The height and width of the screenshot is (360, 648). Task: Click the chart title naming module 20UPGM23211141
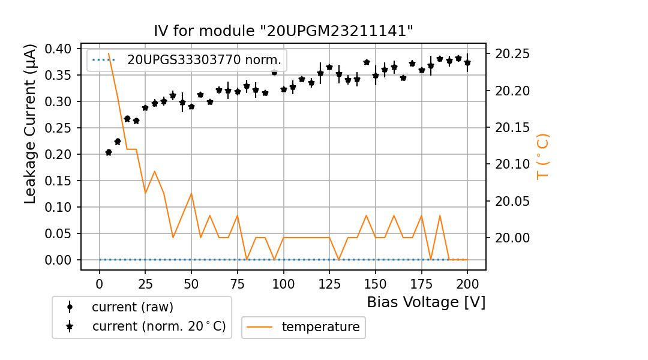[x=284, y=31]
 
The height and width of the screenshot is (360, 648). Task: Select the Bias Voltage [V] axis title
[x=426, y=302]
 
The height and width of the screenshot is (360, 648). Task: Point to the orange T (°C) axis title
[x=542, y=157]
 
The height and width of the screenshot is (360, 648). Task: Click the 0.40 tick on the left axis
[x=59, y=49]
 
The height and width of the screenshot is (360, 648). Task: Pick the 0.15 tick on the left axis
[x=59, y=181]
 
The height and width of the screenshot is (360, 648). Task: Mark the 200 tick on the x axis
[x=467, y=283]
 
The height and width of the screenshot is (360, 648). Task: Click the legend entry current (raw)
[x=132, y=307]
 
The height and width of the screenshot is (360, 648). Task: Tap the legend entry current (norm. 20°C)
[x=158, y=327]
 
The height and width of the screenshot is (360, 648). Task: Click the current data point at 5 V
[x=109, y=152]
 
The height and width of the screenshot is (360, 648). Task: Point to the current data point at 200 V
[x=467, y=63]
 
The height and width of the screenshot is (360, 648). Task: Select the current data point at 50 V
[x=191, y=107]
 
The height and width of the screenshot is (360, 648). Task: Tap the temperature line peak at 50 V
[x=191, y=193]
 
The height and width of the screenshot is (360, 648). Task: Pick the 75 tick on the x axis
[x=237, y=283]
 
